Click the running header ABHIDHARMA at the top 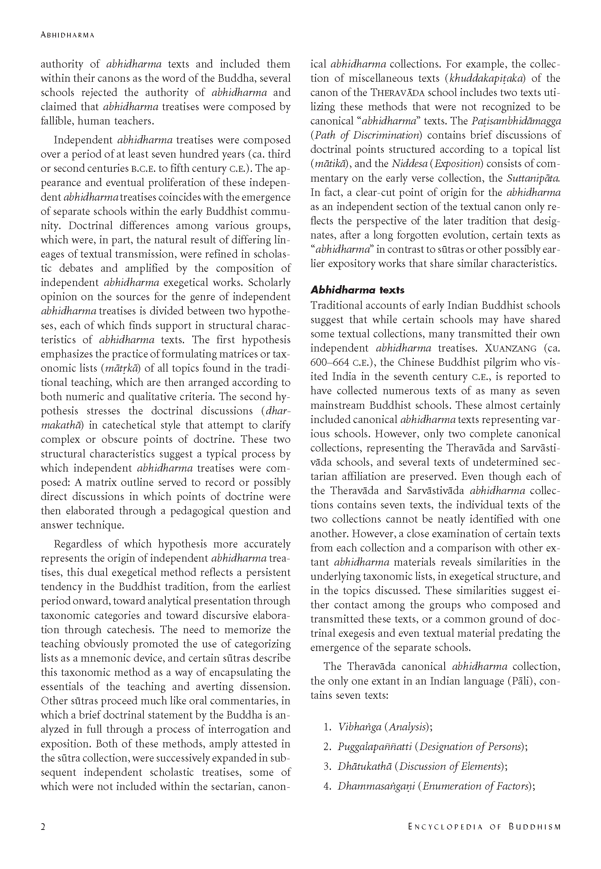68,35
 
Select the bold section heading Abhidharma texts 357,290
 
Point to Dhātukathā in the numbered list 364,766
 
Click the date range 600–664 330,363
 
